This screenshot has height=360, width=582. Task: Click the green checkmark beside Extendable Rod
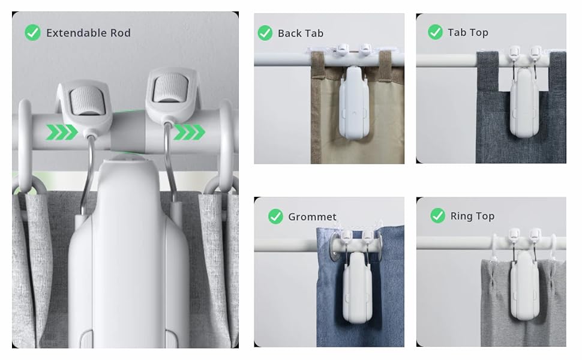click(x=32, y=32)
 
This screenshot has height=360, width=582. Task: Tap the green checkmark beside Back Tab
click(x=265, y=33)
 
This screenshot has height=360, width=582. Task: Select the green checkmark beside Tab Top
click(x=435, y=32)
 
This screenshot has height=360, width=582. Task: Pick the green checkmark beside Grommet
click(x=275, y=216)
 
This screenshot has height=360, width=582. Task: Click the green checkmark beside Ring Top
click(x=437, y=216)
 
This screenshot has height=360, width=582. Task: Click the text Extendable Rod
click(x=88, y=33)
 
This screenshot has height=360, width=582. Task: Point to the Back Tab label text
click(x=300, y=34)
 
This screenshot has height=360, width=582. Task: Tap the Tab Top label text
click(x=467, y=32)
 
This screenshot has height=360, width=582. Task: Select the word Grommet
click(x=312, y=217)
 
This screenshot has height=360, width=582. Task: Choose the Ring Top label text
click(x=472, y=216)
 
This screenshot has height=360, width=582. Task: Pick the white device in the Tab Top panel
click(x=524, y=102)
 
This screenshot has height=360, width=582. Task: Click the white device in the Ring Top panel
click(x=524, y=285)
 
